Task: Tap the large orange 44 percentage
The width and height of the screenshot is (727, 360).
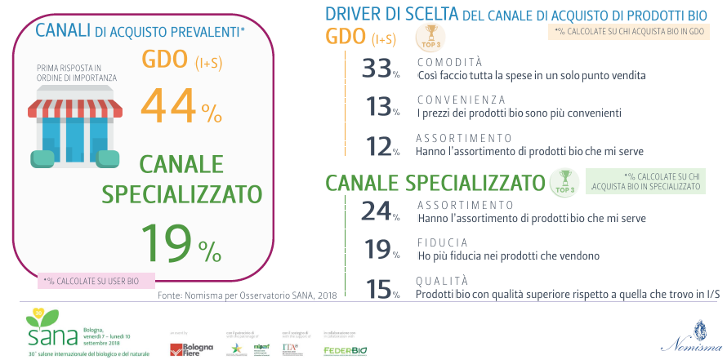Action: tap(181, 105)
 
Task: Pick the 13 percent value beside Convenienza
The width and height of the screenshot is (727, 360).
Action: tap(380, 107)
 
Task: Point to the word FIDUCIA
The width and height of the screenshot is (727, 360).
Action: tap(442, 242)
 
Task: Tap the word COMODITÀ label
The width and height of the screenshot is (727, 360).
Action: tap(449, 62)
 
